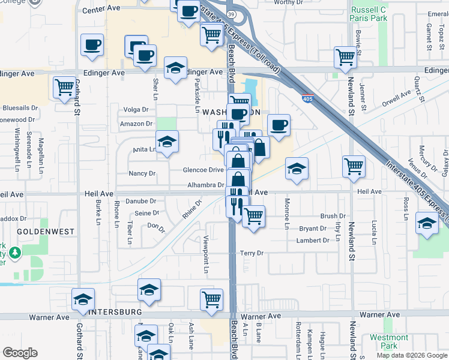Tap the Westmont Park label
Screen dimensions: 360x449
coord(388,341)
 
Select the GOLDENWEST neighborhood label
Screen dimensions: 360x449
coord(45,231)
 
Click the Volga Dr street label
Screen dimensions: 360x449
coord(135,109)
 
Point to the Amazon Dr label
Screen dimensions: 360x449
coord(136,124)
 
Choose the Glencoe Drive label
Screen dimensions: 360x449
coord(203,170)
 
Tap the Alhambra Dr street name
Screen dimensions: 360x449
coord(205,185)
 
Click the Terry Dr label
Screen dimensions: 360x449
coord(252,253)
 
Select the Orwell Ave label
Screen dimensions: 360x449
coord(396,98)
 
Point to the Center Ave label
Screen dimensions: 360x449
coord(101,10)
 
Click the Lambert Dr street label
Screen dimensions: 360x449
coord(313,241)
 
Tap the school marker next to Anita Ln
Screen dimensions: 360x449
coord(167,142)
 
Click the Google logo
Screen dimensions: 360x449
coord(20,353)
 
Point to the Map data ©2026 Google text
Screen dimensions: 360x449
coord(412,355)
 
